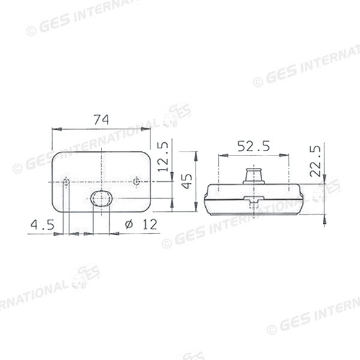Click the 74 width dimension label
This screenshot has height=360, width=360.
pos(101,119)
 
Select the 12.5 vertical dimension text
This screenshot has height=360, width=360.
pos(163,157)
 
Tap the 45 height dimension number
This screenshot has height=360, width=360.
pos(187,181)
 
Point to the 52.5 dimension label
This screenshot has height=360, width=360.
pos(253,146)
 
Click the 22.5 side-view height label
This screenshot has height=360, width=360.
pos(315,161)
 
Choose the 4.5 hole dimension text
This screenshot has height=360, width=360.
pos(43,224)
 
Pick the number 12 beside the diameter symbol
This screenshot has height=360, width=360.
pos(150,224)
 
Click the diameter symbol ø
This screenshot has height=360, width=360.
pos(129,224)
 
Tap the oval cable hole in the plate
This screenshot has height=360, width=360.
pos(101,199)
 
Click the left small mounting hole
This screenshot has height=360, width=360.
pos(66,182)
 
